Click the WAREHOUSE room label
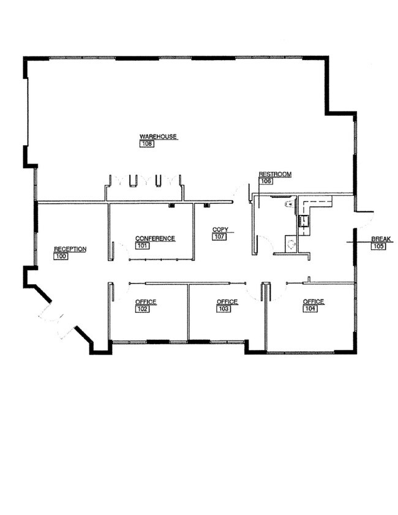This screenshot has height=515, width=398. (x=158, y=137)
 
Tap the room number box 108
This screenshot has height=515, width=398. (x=147, y=144)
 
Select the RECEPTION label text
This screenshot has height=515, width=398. (x=70, y=249)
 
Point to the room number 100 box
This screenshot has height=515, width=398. (x=61, y=257)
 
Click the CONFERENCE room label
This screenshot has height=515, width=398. (x=155, y=238)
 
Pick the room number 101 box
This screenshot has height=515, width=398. (x=142, y=246)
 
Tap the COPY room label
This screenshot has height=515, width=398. (x=220, y=230)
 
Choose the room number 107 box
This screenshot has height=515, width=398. (x=219, y=236)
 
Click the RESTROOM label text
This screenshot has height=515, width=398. (x=275, y=174)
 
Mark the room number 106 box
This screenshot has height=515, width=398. (x=266, y=181)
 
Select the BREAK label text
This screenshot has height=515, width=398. (x=381, y=239)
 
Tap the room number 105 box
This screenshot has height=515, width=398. (x=378, y=246)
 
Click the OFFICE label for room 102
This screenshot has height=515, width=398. (x=146, y=302)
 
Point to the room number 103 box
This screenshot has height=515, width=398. (x=223, y=309)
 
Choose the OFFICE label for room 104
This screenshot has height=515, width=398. (x=314, y=301)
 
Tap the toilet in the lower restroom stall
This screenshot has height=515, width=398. (x=291, y=244)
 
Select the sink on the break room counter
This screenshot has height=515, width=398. (x=304, y=221)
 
